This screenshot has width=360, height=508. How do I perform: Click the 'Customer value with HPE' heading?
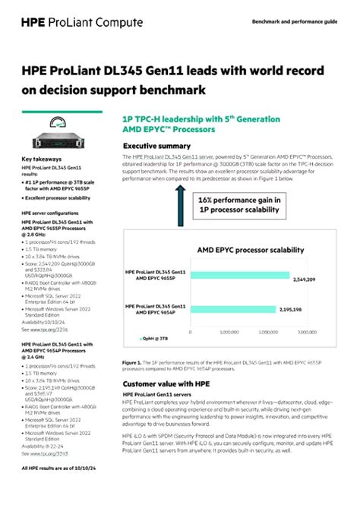click(166, 384)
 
